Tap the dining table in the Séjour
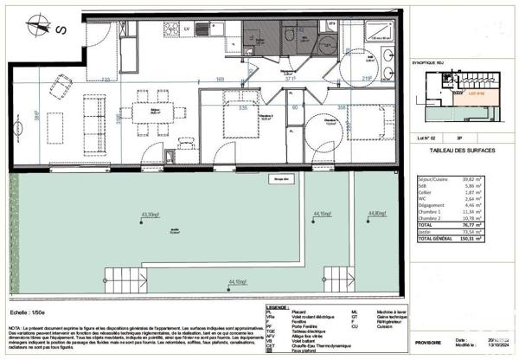[157, 112]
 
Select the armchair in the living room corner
[61, 86]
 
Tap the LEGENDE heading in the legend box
[279, 307]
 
